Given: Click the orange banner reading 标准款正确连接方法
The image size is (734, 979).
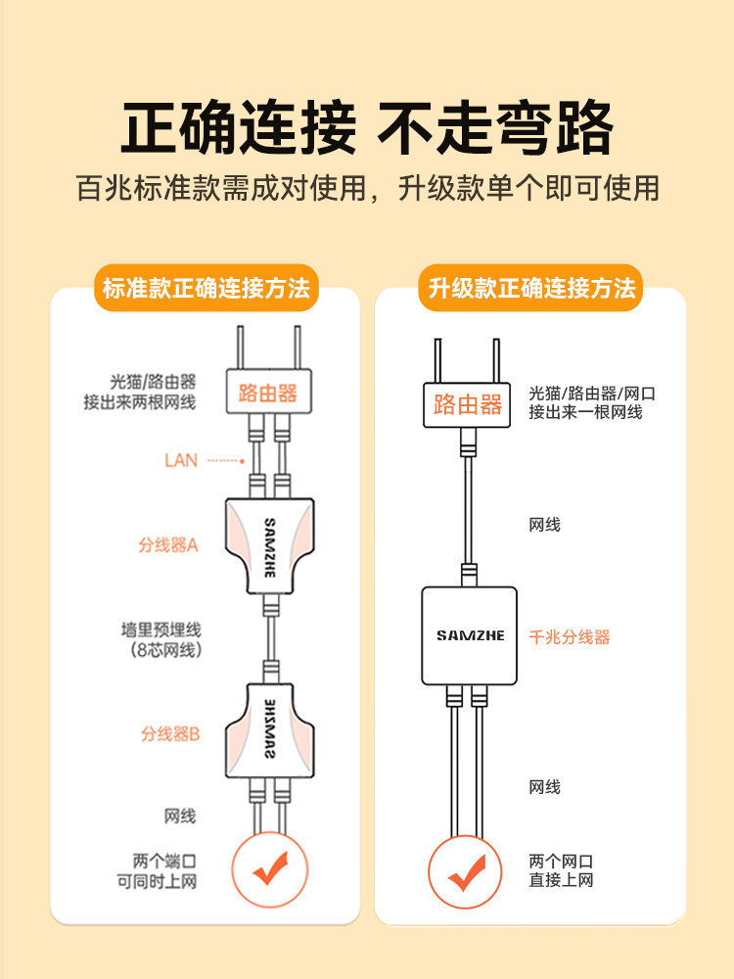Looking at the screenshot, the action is click(x=206, y=288).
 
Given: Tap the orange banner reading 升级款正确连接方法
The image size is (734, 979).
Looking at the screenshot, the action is click(x=530, y=288).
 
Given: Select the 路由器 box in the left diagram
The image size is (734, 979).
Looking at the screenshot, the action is click(x=268, y=392).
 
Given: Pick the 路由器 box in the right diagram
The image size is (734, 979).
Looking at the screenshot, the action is click(x=467, y=404).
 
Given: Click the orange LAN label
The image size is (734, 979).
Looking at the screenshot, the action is click(x=181, y=461).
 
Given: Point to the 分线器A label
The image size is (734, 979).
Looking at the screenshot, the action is click(x=168, y=545).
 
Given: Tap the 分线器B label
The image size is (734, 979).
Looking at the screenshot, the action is click(x=169, y=733).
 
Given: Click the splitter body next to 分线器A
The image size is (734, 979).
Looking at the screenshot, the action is click(x=270, y=546).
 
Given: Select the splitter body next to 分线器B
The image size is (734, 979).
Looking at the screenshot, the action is click(x=270, y=730).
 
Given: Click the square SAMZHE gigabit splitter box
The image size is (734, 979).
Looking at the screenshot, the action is click(x=470, y=635).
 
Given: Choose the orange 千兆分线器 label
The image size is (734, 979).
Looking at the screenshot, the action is click(x=570, y=637).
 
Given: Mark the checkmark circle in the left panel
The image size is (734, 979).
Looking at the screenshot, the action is click(x=270, y=869).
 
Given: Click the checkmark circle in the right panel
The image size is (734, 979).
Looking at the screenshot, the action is click(x=465, y=872).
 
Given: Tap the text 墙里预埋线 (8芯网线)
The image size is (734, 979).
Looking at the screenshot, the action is click(x=161, y=639).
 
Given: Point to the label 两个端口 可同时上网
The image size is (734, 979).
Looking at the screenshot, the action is click(x=157, y=871).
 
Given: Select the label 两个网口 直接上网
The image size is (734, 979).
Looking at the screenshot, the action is click(x=561, y=870).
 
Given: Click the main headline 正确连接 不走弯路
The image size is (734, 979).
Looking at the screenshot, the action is click(x=367, y=128).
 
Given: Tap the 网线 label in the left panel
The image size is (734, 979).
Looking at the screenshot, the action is click(x=180, y=816).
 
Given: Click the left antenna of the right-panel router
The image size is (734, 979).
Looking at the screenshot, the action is click(x=438, y=361).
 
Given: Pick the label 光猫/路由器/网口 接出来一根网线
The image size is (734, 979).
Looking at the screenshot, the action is click(x=592, y=402).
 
